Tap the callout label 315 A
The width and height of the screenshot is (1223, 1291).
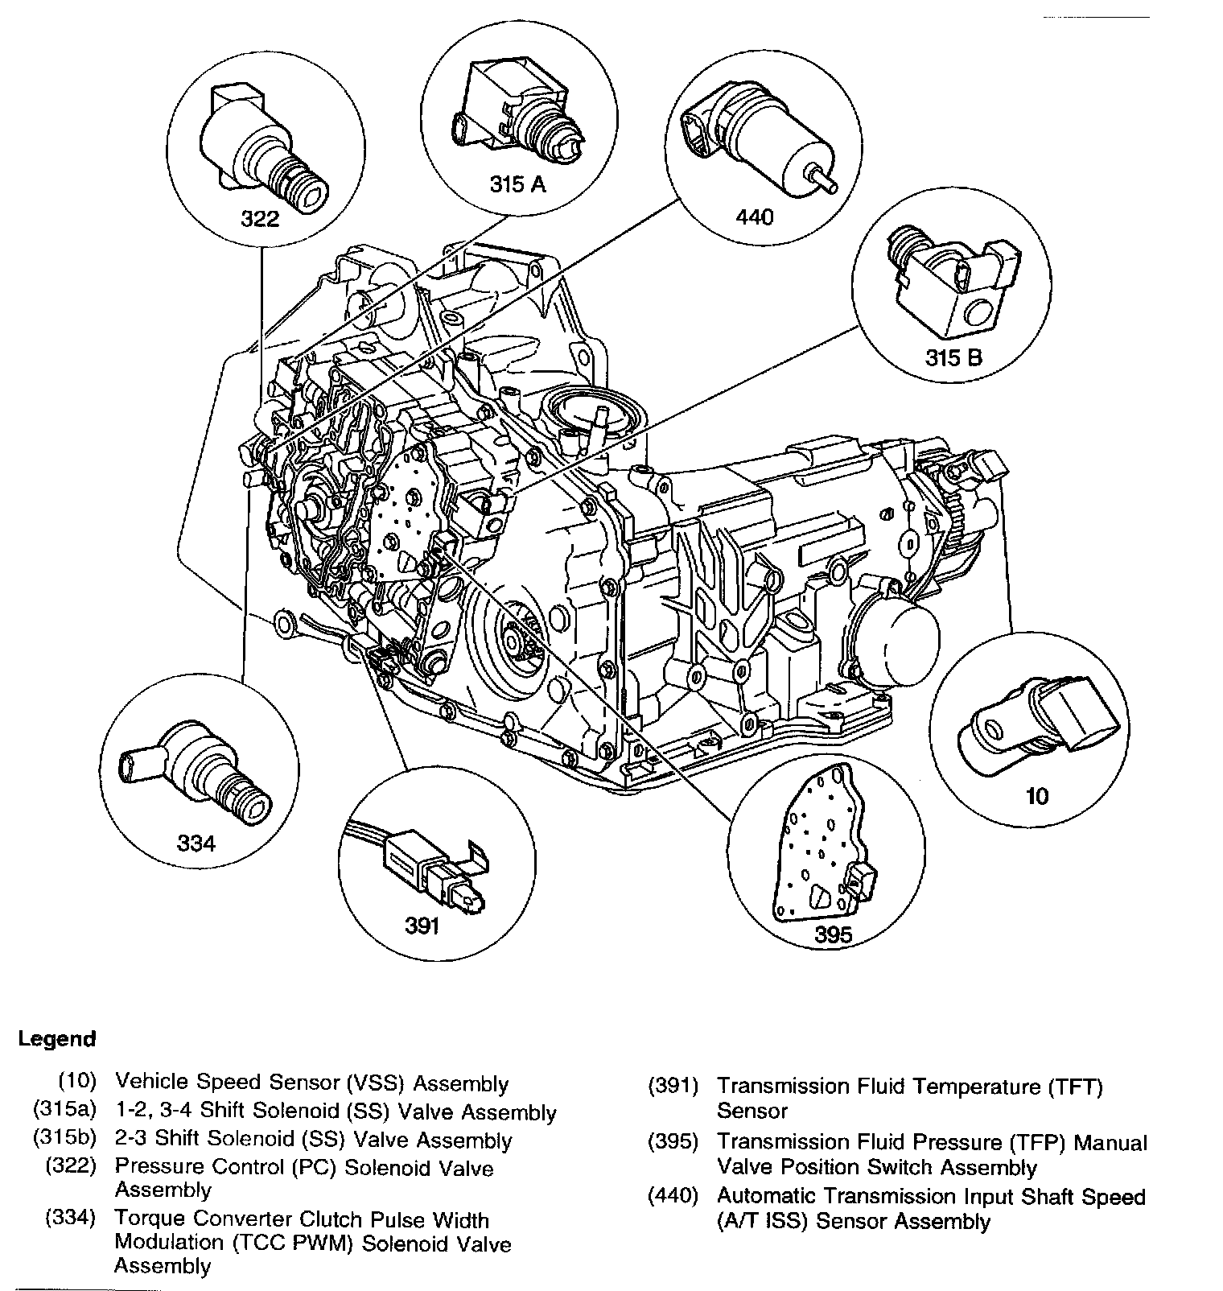[x=518, y=184]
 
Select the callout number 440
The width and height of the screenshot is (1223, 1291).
[x=754, y=217]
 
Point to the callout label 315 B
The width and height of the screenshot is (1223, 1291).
[x=953, y=357]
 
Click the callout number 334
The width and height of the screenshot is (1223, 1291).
[x=196, y=843]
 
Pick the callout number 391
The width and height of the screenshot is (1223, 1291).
[x=422, y=926]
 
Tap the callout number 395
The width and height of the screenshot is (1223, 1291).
[x=834, y=935]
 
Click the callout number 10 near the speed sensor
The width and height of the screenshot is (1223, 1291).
[x=1037, y=796]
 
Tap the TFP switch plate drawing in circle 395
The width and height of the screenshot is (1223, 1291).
[x=826, y=844]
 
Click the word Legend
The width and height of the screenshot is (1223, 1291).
[x=57, y=1038]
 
